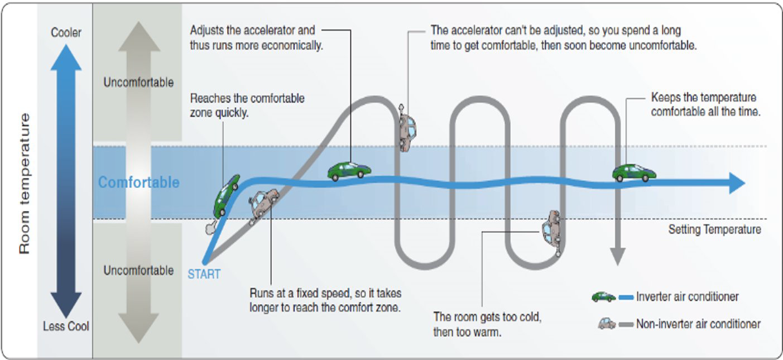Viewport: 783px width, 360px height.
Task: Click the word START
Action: pyautogui.click(x=204, y=274)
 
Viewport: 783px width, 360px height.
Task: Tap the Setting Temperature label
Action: pyautogui.click(x=714, y=229)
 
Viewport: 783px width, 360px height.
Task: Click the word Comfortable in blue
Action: pyautogui.click(x=138, y=183)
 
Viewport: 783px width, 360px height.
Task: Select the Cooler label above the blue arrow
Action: pyautogui.click(x=66, y=32)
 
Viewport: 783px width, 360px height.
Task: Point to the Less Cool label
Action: pyautogui.click(x=66, y=326)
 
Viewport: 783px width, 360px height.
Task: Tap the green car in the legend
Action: pyautogui.click(x=603, y=297)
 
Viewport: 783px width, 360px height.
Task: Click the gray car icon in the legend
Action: pyautogui.click(x=607, y=323)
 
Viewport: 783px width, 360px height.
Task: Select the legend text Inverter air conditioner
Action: pyautogui.click(x=688, y=297)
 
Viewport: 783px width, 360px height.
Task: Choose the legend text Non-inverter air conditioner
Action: pyautogui.click(x=698, y=324)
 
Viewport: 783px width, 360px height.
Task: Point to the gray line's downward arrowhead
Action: pyautogui.click(x=617, y=257)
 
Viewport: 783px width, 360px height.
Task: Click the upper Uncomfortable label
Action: pyautogui.click(x=138, y=83)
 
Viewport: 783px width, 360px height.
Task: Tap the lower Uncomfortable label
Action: pyautogui.click(x=138, y=271)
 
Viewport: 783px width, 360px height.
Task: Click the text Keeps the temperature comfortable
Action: pyautogui.click(x=704, y=104)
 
